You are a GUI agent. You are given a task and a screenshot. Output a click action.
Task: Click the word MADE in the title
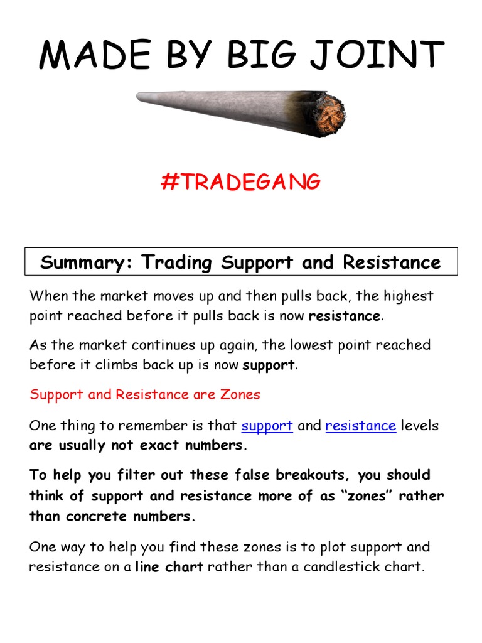pos(87,55)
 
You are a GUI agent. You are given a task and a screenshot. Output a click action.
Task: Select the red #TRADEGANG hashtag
pos(240,181)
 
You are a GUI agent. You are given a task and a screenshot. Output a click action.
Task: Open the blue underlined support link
pos(267,426)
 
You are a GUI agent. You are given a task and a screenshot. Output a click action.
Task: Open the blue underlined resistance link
pos(360,426)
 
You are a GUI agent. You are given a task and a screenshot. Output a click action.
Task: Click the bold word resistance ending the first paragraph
pos(344,316)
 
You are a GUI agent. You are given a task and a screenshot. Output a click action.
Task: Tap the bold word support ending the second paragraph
pos(269,365)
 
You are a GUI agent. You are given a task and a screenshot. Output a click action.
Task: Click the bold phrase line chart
pos(169,567)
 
